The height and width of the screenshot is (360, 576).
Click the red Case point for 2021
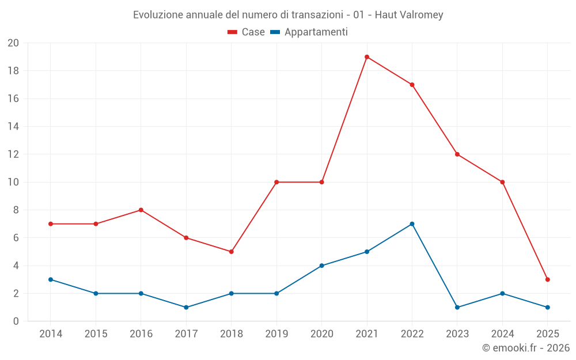click(367, 57)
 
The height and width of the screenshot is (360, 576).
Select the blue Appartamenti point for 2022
click(412, 224)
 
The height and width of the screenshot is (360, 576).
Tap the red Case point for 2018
click(231, 252)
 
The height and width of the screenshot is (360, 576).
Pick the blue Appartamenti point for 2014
click(51, 279)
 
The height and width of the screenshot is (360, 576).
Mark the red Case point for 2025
click(547, 279)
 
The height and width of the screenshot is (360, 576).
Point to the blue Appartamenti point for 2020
click(321, 266)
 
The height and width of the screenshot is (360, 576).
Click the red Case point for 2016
click(141, 210)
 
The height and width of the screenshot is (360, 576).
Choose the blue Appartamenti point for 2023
click(457, 307)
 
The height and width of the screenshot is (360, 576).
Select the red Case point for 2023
click(457, 154)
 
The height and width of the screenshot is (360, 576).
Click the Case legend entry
click(247, 32)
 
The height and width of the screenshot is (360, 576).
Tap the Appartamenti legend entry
click(309, 32)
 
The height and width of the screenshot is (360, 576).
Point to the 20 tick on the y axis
click(13, 43)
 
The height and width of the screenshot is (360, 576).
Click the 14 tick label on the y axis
click(13, 127)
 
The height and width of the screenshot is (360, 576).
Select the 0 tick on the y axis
click(16, 321)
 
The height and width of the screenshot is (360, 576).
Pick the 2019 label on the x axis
click(276, 334)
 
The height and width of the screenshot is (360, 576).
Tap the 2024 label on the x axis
click(502, 334)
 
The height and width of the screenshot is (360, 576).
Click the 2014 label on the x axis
click(51, 334)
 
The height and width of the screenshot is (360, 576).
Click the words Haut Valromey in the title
click(409, 15)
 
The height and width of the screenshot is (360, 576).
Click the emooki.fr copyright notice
click(525, 348)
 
